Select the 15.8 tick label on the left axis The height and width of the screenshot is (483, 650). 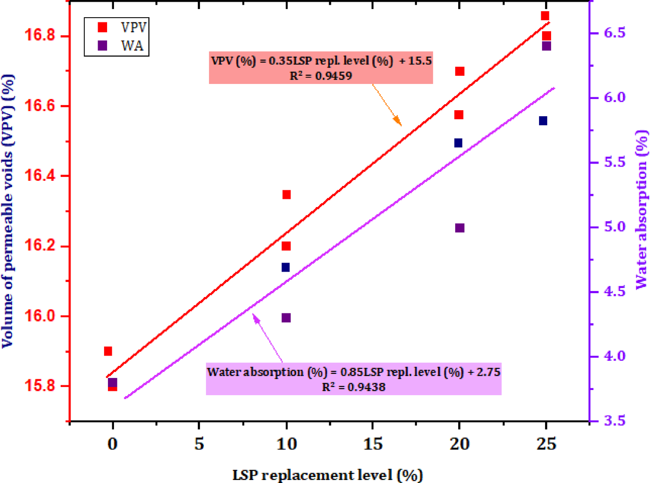pos(39,386)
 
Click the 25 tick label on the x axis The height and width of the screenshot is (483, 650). pos(546,443)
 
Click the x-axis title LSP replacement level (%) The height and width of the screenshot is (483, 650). pos(328,475)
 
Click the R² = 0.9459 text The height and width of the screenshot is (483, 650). pos(321,76)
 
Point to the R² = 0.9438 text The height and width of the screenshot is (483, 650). pos(353,387)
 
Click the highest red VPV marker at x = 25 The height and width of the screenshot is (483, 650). pos(545,16)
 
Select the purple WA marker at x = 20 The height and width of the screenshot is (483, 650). pos(460,228)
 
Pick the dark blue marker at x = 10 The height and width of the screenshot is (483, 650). pos(285,267)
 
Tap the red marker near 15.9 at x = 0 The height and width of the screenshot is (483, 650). pos(108,351)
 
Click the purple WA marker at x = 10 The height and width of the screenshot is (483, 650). pos(286,318)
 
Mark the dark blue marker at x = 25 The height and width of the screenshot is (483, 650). pos(543,121)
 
